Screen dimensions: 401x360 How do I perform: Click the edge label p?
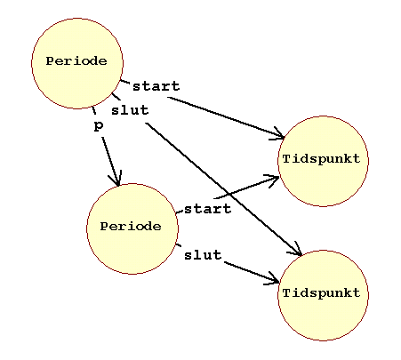(99, 126)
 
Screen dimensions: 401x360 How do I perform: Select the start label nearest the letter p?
(156, 86)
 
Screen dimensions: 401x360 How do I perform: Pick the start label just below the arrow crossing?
(207, 209)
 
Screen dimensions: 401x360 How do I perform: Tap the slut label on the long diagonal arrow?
(130, 110)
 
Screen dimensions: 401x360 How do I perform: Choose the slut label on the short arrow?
(203, 255)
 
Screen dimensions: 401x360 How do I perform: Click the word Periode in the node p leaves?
(76, 61)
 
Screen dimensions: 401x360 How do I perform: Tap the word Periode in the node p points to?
(131, 227)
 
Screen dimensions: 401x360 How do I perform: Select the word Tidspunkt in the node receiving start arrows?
(322, 159)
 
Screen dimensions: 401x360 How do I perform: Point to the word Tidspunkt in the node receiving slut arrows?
(322, 293)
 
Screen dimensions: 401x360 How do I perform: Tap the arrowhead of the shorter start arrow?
(273, 179)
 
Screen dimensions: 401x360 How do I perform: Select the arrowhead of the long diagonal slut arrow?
(297, 251)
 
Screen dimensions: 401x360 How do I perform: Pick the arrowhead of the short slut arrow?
(274, 280)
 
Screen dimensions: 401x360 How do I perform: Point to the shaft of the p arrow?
(110, 161)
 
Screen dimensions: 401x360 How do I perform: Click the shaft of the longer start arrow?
(226, 117)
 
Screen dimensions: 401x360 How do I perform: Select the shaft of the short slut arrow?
(252, 272)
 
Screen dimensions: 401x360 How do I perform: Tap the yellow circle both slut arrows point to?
(323, 295)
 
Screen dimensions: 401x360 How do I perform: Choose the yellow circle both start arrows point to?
(323, 161)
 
